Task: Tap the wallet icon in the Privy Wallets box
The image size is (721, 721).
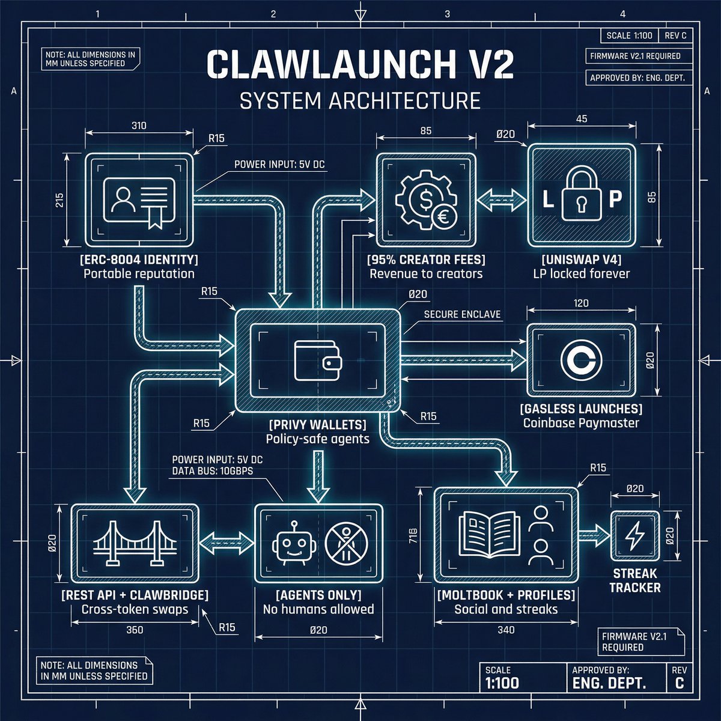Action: pos(318,360)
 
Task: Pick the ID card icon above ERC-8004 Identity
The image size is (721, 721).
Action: pos(139,201)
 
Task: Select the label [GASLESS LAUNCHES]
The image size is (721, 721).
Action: pos(581,409)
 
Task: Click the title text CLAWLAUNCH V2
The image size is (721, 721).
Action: pos(360,65)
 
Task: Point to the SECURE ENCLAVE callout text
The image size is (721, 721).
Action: pos(462,314)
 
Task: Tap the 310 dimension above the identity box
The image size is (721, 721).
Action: pos(138,126)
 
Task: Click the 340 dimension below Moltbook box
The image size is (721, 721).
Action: pos(506,630)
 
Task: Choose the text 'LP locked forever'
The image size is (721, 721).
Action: pos(581,274)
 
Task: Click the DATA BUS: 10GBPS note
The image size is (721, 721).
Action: pos(212,470)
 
